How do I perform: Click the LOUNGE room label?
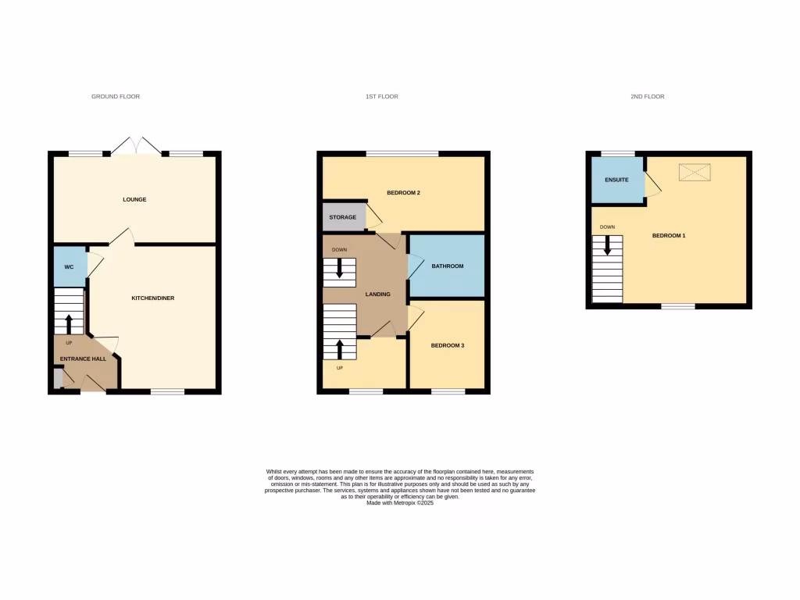click(x=134, y=199)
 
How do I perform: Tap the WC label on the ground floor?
click(x=69, y=267)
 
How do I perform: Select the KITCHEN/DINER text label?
click(x=152, y=298)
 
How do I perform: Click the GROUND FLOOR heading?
click(x=116, y=97)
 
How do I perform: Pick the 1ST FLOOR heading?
click(x=382, y=97)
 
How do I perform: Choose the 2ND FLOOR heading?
click(x=648, y=97)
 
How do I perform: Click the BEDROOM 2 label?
click(x=404, y=192)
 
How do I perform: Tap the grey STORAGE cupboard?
click(x=343, y=217)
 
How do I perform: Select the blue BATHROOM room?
click(x=448, y=266)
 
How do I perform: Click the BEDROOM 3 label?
click(x=448, y=345)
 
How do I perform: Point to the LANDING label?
click(x=378, y=294)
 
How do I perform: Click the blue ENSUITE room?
click(x=616, y=180)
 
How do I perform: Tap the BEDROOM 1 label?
click(x=669, y=235)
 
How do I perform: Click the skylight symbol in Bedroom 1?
click(x=695, y=172)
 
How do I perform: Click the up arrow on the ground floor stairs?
click(x=68, y=323)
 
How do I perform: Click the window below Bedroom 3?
click(x=448, y=391)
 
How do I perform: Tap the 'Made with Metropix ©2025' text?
click(x=400, y=503)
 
